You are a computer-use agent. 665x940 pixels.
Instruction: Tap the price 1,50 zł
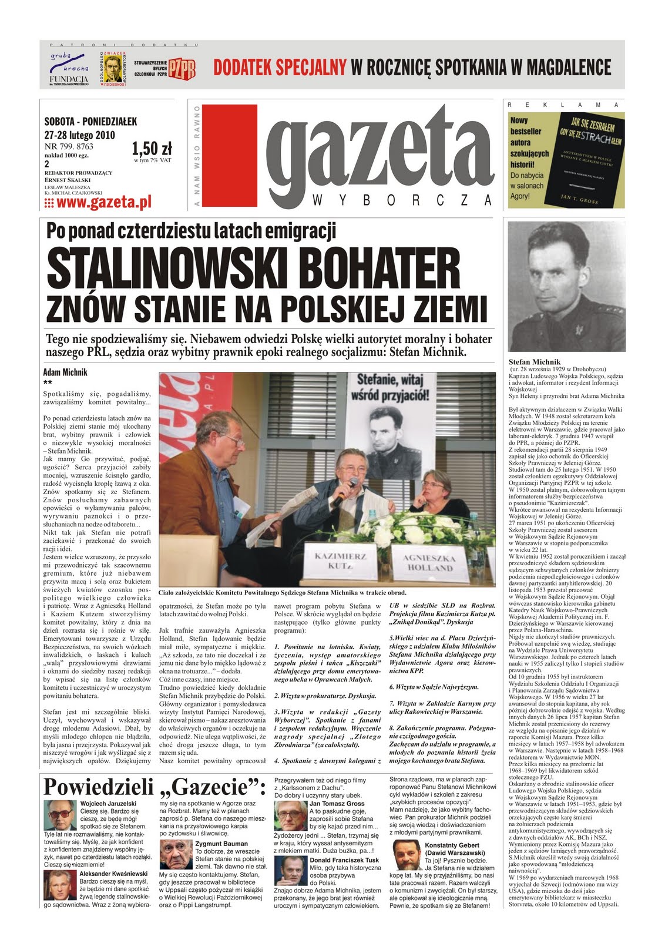point(152,147)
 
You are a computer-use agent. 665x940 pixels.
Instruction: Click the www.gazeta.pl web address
point(98,202)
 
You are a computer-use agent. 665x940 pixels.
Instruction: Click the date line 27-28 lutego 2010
point(79,135)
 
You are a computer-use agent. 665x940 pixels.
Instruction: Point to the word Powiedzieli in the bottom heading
point(98,787)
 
